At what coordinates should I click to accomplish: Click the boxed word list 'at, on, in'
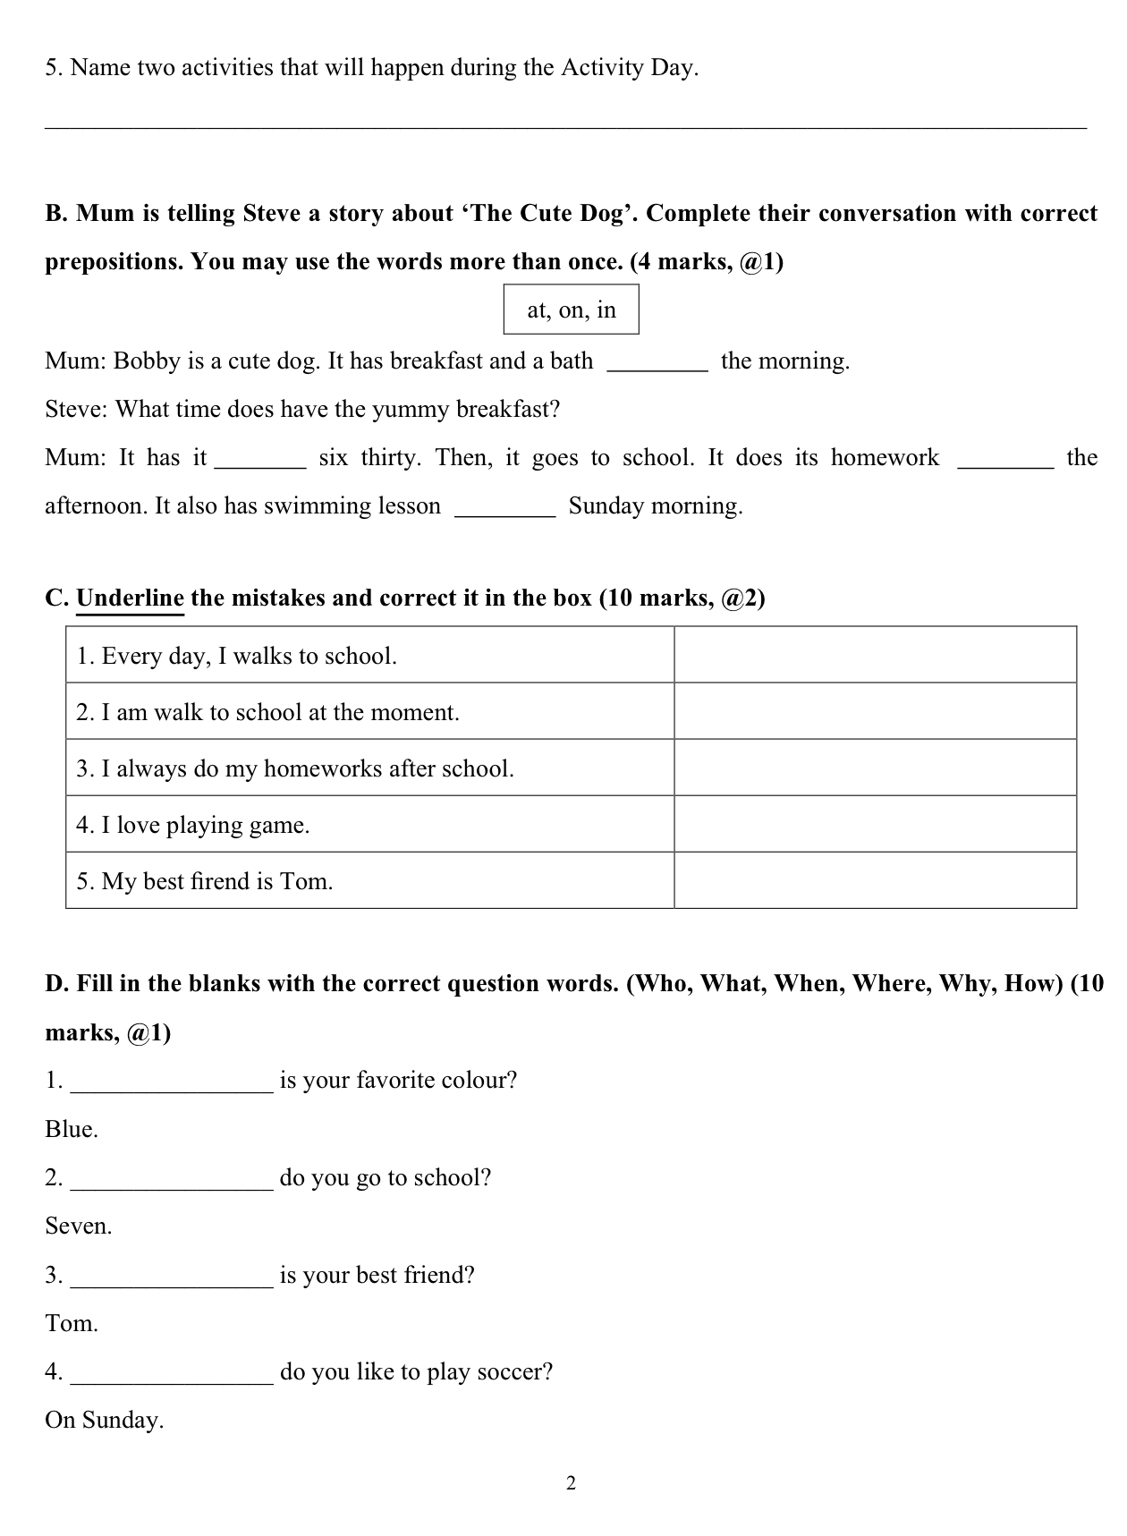pos(571,310)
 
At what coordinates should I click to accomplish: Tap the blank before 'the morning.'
pos(657,361)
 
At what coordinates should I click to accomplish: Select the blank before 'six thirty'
pos(260,458)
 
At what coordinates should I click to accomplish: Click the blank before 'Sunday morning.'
pos(505,506)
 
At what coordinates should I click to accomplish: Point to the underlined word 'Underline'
pos(130,598)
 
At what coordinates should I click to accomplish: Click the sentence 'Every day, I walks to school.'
pos(236,656)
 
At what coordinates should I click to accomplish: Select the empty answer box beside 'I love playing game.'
pos(875,824)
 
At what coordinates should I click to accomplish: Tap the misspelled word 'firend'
pos(220,881)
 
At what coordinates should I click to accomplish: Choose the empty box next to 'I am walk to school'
pos(875,711)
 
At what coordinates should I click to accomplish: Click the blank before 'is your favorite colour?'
pos(171,1082)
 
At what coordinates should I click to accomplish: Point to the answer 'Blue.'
pos(72,1129)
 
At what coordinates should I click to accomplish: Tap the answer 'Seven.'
pos(79,1226)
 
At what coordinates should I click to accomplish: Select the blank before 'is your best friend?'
pos(171,1276)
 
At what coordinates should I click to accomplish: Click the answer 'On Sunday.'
pos(105,1420)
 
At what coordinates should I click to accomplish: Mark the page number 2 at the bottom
pos(571,1483)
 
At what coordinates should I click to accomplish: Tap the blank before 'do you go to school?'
pos(171,1179)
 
